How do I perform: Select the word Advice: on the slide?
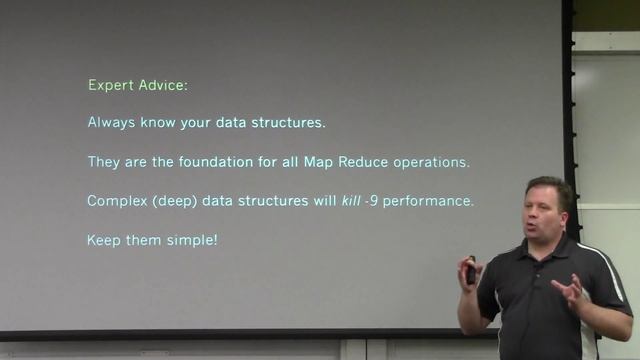[161, 86]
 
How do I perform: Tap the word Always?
[112, 124]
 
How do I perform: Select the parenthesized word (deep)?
[174, 201]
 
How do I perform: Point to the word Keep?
[104, 240]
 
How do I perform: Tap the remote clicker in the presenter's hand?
[471, 271]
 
